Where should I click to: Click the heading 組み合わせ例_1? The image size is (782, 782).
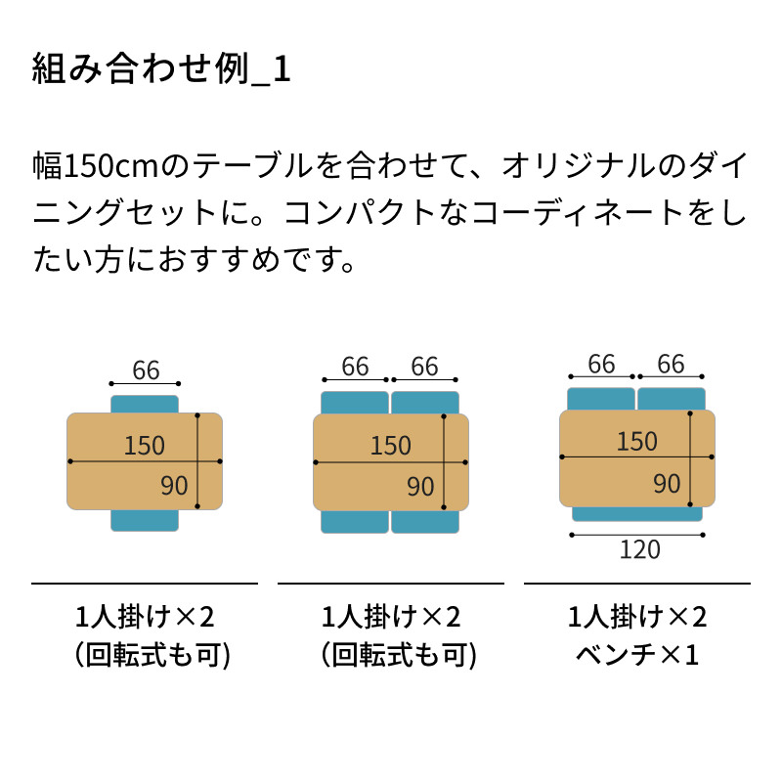161,68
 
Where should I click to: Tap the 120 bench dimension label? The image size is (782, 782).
640,549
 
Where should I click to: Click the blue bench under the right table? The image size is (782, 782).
637,514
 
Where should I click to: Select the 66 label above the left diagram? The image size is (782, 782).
146,370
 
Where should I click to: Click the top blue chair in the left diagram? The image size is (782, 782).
145,405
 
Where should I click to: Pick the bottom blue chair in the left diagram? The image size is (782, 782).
145,520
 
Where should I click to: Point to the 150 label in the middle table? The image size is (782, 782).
390,446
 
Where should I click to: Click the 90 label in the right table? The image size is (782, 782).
667,484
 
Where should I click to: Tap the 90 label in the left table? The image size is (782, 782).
174,486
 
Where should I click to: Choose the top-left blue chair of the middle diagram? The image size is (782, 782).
355,403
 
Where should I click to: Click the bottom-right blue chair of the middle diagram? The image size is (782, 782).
425,522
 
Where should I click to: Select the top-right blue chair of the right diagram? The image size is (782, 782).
672,399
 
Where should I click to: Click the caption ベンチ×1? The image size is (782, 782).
637,654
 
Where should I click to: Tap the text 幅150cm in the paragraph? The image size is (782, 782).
95,166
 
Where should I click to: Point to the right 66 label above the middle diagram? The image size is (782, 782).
424,367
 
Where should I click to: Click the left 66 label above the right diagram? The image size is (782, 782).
601,364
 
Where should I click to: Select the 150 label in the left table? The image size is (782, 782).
144,446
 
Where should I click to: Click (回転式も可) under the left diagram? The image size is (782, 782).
152,655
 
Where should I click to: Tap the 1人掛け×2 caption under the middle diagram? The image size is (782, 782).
391,617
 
